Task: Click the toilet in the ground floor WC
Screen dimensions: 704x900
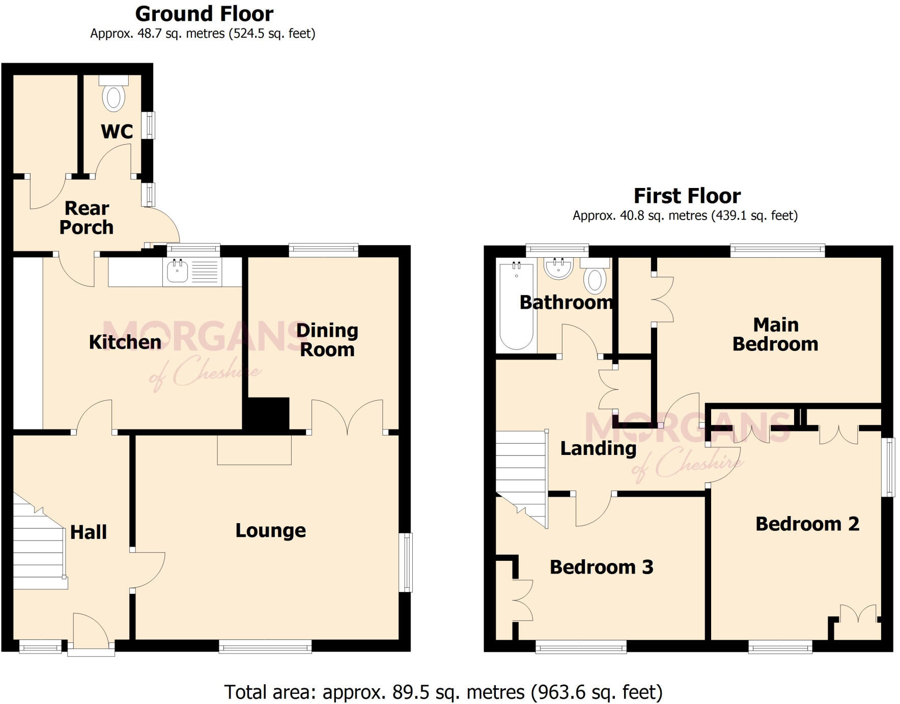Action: pyautogui.click(x=114, y=96)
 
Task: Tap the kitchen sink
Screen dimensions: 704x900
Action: pyautogui.click(x=177, y=272)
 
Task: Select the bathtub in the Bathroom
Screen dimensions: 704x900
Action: pyautogui.click(x=516, y=306)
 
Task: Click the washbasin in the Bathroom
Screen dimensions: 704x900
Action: pyautogui.click(x=558, y=267)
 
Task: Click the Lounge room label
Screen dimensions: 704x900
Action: pyautogui.click(x=270, y=531)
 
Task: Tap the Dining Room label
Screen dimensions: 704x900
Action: pyautogui.click(x=327, y=340)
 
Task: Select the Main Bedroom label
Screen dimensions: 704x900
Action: pyautogui.click(x=775, y=334)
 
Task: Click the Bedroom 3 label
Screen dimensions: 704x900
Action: pyautogui.click(x=601, y=567)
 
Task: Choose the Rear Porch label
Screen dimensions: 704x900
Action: pyautogui.click(x=87, y=218)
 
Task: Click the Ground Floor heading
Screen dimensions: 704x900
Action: pyautogui.click(x=204, y=14)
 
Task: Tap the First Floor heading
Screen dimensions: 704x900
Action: pyautogui.click(x=687, y=196)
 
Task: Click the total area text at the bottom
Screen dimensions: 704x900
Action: pyautogui.click(x=443, y=692)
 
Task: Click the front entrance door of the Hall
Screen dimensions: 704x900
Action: pyautogui.click(x=91, y=632)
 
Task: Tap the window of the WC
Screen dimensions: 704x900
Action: pyautogui.click(x=148, y=125)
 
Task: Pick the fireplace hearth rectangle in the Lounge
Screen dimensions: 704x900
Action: pyautogui.click(x=254, y=449)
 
